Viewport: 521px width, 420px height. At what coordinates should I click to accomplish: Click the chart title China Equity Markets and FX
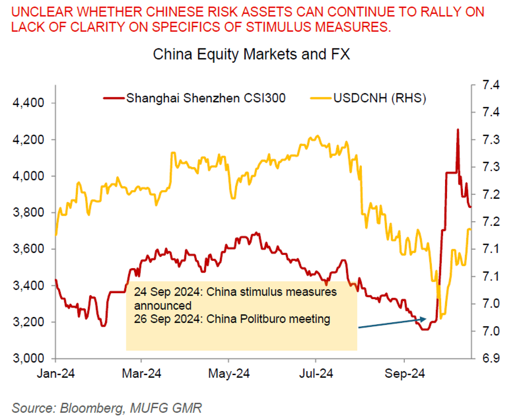click(252, 55)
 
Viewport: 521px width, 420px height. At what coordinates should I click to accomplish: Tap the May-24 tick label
click(229, 374)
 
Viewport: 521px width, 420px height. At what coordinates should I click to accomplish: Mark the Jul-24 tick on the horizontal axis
click(317, 374)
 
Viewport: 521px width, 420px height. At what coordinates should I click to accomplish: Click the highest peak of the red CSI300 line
click(457, 129)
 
